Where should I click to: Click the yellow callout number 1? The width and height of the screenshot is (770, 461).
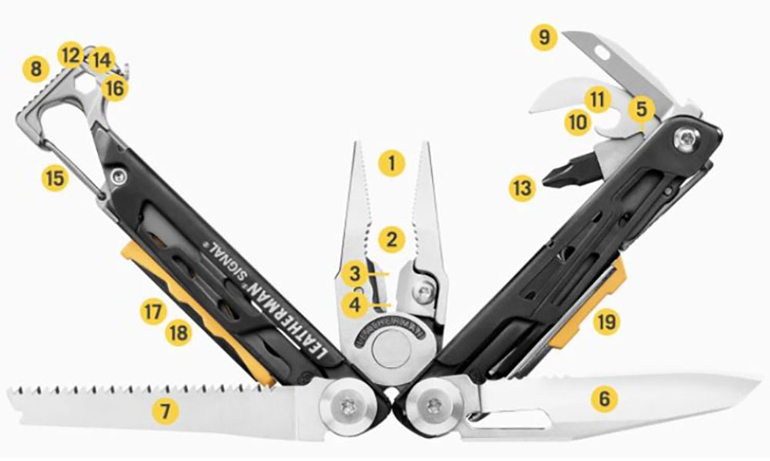392,163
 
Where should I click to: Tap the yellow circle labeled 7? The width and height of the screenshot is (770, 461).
164,412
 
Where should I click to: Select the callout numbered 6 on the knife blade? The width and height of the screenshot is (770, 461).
604,399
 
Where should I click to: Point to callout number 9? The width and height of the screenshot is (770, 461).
544,38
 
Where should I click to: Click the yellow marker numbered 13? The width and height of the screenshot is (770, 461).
522,188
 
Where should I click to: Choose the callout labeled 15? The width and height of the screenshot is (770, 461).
55,178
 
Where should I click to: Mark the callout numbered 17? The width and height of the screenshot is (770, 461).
154,312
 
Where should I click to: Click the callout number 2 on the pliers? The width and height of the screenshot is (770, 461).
392,239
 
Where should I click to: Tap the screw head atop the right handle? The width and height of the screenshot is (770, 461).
685,139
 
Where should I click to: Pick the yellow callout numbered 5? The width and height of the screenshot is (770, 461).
641,109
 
